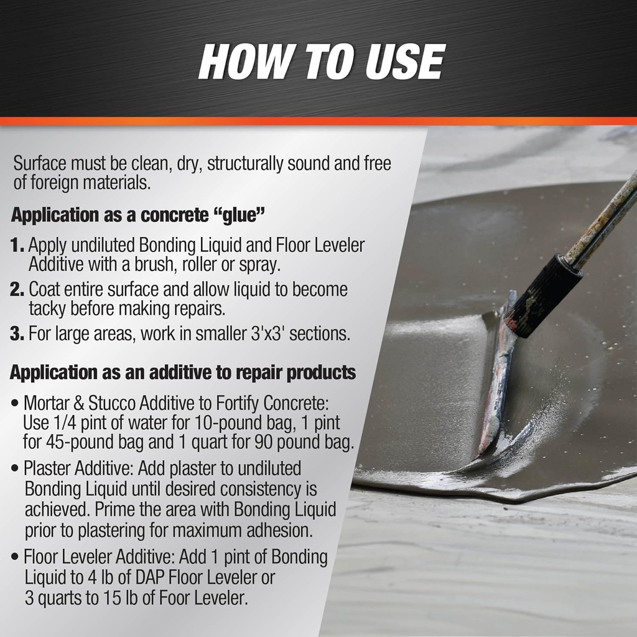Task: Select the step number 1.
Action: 17,245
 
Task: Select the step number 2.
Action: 17,290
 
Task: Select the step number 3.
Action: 17,333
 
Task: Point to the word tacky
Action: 49,308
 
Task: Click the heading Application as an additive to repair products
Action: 183,373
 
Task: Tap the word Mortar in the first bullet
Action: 47,403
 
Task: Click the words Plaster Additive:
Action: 69,468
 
